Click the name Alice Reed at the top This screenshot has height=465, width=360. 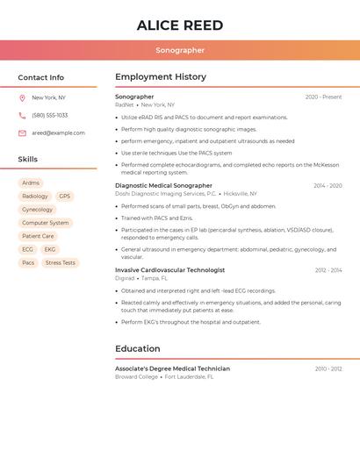pyautogui.click(x=180, y=25)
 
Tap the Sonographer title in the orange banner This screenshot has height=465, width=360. pyautogui.click(x=180, y=51)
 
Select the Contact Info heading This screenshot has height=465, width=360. pyautogui.click(x=41, y=77)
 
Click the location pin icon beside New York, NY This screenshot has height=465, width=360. pyautogui.click(x=22, y=98)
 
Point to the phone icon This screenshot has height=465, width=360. pyautogui.click(x=22, y=116)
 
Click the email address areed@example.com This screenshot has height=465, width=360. pyautogui.click(x=58, y=133)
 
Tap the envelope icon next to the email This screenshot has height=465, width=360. pyautogui.click(x=22, y=133)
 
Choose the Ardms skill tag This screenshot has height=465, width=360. pyautogui.click(x=31, y=183)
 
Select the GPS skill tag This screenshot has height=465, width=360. pyautogui.click(x=64, y=197)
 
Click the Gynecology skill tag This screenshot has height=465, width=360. pyautogui.click(x=37, y=210)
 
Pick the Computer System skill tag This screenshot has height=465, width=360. pyautogui.click(x=46, y=223)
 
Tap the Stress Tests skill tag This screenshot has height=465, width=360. pyautogui.click(x=61, y=262)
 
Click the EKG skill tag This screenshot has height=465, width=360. pyautogui.click(x=50, y=249)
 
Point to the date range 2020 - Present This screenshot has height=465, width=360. pyautogui.click(x=323, y=97)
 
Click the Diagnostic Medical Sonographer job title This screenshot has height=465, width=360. pyautogui.click(x=163, y=186)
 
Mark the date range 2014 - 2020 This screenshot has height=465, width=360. pyautogui.click(x=328, y=186)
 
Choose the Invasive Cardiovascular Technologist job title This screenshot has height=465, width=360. pyautogui.click(x=169, y=270)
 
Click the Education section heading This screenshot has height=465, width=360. pyautogui.click(x=138, y=348)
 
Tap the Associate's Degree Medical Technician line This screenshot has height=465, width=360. pyautogui.click(x=172, y=368)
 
